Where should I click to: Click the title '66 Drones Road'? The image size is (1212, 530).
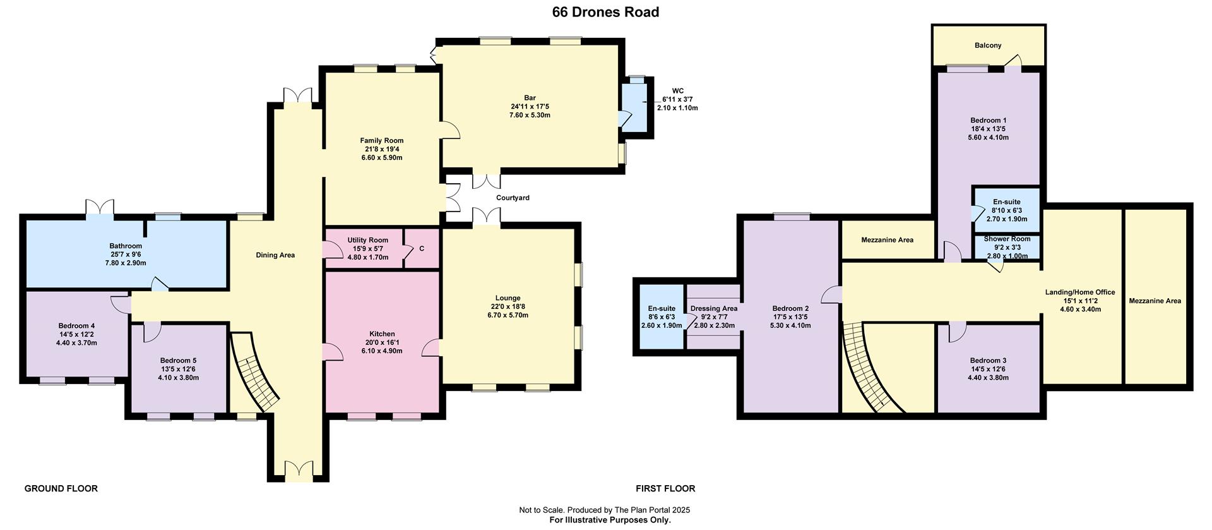click(x=605, y=12)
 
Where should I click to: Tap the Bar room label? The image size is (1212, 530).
click(x=530, y=98)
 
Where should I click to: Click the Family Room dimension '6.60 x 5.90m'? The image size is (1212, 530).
click(x=382, y=158)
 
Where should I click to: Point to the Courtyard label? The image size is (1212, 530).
click(x=513, y=198)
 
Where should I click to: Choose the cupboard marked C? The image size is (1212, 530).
click(x=422, y=248)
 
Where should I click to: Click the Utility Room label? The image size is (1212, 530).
click(x=368, y=240)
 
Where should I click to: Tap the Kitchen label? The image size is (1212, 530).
click(x=382, y=334)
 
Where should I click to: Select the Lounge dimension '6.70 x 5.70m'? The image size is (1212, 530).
click(x=508, y=315)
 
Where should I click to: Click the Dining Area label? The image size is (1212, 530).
click(x=275, y=255)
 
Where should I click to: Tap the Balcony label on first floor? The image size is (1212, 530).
click(x=988, y=45)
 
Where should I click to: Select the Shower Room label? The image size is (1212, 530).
click(x=1007, y=239)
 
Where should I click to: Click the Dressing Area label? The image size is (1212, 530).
click(x=714, y=309)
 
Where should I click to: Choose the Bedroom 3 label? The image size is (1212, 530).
click(x=988, y=361)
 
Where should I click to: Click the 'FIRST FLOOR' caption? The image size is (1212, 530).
click(x=665, y=488)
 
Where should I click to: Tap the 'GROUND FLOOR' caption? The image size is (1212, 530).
click(x=61, y=488)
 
